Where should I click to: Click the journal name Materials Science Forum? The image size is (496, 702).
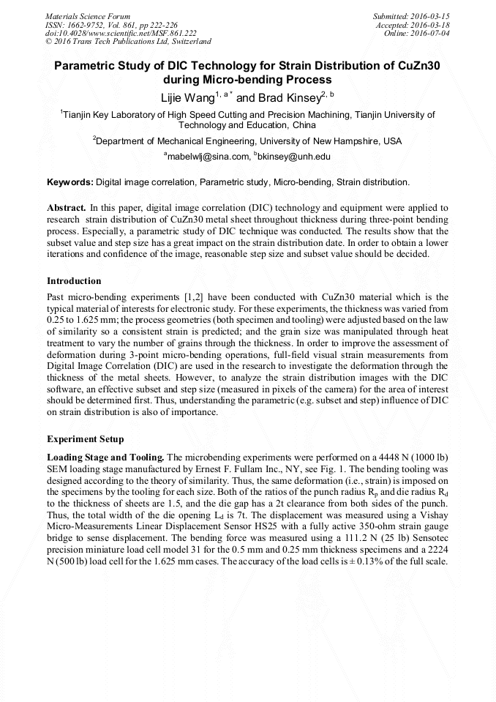pos(88,15)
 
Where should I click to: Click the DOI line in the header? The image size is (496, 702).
pos(121,33)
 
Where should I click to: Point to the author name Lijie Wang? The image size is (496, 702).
pos(185,97)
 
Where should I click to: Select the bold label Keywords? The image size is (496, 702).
pos(70,182)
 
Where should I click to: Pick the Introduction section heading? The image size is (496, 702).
pos(74,281)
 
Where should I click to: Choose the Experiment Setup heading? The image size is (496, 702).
pos(85,439)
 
